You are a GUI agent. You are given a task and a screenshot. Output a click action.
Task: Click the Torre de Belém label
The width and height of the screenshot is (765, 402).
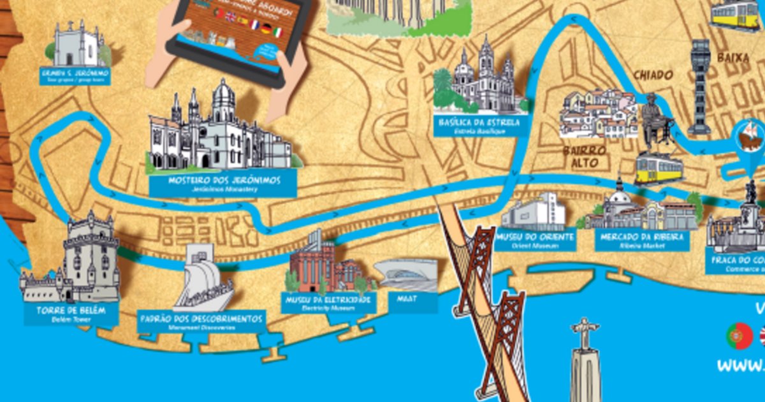71,315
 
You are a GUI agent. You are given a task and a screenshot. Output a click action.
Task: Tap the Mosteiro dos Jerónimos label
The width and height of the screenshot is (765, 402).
224,184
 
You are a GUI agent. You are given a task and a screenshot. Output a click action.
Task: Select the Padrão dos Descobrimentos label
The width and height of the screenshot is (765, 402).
201,320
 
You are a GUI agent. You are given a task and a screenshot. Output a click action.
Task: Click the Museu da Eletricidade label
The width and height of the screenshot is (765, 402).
328,302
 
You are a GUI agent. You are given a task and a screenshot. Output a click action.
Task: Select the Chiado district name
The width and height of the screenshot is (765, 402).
652,75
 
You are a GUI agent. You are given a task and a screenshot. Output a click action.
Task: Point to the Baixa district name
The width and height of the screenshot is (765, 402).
733,58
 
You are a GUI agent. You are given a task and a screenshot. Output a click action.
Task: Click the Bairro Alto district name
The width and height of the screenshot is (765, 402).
580,157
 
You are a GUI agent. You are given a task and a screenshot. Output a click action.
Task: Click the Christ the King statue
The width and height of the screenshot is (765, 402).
585,357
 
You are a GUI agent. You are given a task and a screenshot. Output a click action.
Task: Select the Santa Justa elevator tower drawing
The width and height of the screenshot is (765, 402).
700,86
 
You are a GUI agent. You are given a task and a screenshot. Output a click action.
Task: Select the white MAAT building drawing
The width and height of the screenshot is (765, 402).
405,274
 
